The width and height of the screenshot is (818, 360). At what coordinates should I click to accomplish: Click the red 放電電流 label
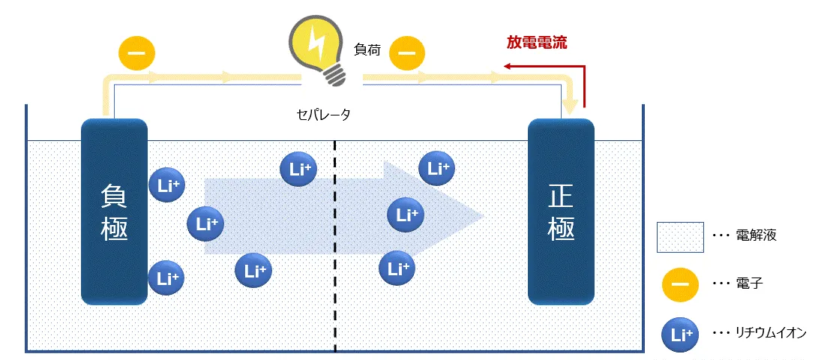tap(537, 43)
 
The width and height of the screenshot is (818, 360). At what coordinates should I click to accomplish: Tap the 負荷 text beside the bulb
tap(367, 51)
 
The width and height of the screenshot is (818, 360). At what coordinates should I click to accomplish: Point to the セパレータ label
tap(323, 115)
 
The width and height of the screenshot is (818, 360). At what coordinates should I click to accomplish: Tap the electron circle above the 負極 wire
tap(137, 54)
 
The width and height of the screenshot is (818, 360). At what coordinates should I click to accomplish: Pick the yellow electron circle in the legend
tap(679, 283)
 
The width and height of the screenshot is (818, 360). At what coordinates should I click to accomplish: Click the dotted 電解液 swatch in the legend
tap(679, 236)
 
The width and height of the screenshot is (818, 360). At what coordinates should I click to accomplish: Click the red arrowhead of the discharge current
tap(508, 67)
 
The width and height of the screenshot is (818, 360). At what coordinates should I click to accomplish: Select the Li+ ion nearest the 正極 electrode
tap(436, 169)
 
